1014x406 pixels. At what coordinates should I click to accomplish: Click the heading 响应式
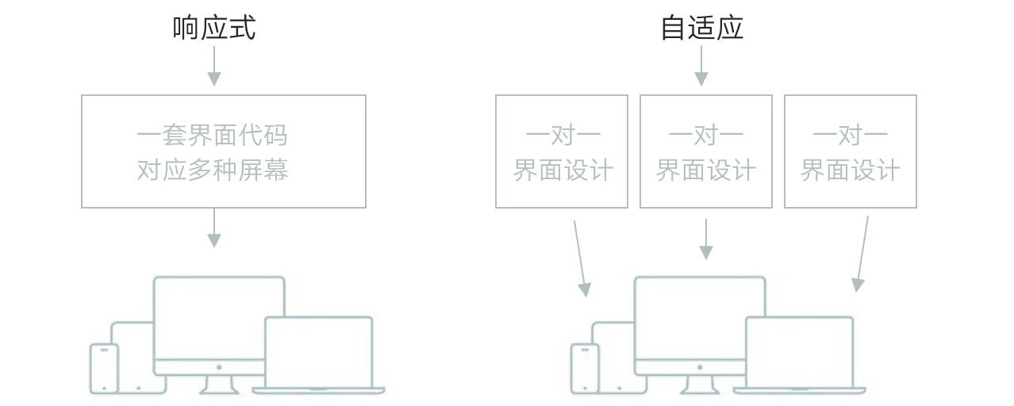click(214, 28)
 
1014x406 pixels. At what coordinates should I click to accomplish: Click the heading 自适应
click(701, 28)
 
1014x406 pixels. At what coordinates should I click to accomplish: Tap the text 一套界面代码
click(212, 136)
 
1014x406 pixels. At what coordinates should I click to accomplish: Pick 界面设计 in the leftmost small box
click(563, 170)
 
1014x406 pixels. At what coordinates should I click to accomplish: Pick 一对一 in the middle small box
click(705, 136)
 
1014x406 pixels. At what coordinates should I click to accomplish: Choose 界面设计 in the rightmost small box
click(850, 170)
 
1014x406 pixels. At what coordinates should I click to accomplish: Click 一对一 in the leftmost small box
click(563, 136)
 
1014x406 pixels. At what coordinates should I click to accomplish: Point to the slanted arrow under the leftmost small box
click(580, 259)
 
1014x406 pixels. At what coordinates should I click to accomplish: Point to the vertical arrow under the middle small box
click(705, 239)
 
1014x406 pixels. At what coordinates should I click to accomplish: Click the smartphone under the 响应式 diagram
click(104, 368)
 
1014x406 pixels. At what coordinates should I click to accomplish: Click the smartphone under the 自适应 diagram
click(585, 368)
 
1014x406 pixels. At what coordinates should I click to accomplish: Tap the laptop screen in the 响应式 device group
click(318, 352)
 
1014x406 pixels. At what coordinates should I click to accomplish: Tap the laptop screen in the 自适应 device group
click(799, 352)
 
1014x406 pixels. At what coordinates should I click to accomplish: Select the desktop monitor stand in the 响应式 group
click(219, 385)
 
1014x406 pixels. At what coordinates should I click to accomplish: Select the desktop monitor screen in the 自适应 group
click(700, 317)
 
